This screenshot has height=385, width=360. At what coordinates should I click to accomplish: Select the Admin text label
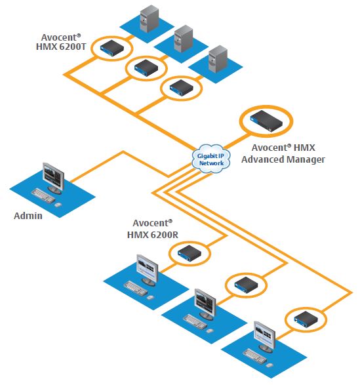(28, 215)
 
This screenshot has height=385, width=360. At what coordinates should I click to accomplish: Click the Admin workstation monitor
(52, 175)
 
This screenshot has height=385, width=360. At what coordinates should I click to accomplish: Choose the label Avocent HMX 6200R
(149, 228)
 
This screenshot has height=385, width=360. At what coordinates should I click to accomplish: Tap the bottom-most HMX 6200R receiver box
(305, 319)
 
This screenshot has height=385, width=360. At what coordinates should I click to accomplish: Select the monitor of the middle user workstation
(205, 303)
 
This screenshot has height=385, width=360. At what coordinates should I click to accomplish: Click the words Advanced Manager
(289, 159)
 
